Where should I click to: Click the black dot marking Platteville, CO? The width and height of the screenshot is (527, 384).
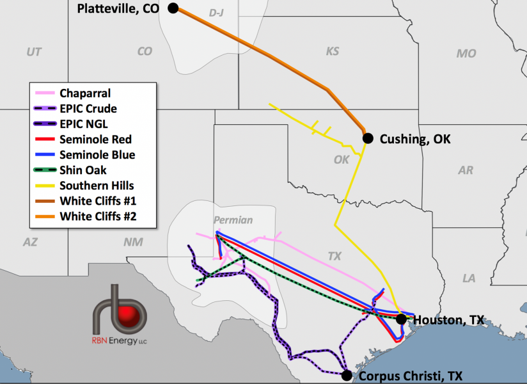pos(173,8)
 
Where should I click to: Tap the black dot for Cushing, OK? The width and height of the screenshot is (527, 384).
pos(367,138)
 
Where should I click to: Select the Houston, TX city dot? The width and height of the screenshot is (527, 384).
pos(401,319)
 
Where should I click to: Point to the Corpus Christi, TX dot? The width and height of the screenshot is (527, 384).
pos(347,375)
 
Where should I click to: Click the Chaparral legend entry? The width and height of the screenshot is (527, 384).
pos(85,93)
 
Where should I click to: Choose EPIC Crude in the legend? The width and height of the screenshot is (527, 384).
pos(88,109)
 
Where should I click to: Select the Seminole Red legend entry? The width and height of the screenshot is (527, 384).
pos(95,140)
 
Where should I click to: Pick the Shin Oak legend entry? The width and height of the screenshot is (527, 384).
pos(83,170)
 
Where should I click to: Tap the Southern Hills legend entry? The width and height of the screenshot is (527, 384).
pos(97,186)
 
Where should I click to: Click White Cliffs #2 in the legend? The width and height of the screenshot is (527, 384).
pos(98,216)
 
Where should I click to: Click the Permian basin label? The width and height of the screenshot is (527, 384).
pos(233,220)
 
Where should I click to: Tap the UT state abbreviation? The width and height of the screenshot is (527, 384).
pos(34,52)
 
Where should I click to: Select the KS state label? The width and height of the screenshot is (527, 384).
pos(332,51)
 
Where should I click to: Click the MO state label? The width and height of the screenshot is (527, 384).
pos(466,53)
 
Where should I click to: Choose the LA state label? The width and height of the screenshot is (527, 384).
pos(469,278)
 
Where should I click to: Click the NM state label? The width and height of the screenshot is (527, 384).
pos(133,242)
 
